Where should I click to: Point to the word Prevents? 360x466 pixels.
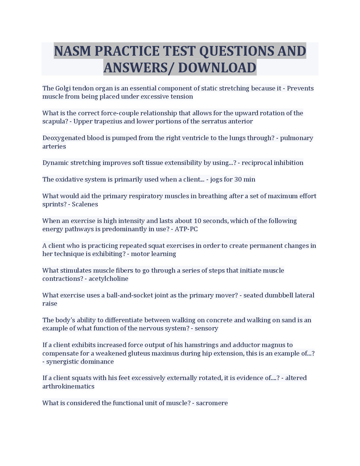(300, 88)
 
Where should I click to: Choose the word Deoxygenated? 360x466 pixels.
(64, 138)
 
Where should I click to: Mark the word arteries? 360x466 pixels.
(54, 146)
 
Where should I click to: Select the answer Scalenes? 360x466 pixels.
(85, 204)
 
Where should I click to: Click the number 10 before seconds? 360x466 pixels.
(197, 221)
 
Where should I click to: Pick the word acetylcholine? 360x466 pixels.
(108, 279)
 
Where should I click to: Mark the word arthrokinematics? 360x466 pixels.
(68, 386)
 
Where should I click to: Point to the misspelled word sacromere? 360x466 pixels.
(212, 403)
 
